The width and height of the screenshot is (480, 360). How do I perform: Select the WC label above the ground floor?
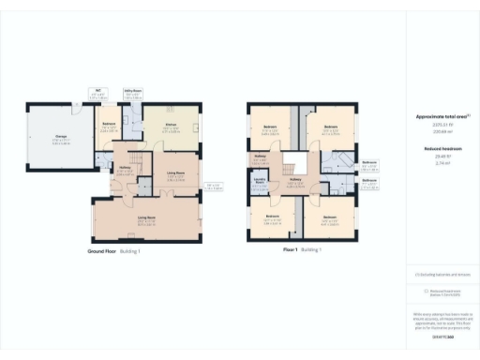[97, 91]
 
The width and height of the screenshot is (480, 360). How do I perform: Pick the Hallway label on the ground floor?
[123, 169]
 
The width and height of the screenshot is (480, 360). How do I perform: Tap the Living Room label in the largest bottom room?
[146, 218]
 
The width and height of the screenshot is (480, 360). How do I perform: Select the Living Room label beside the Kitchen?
[174, 173]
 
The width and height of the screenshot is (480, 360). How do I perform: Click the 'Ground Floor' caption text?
[102, 251]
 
